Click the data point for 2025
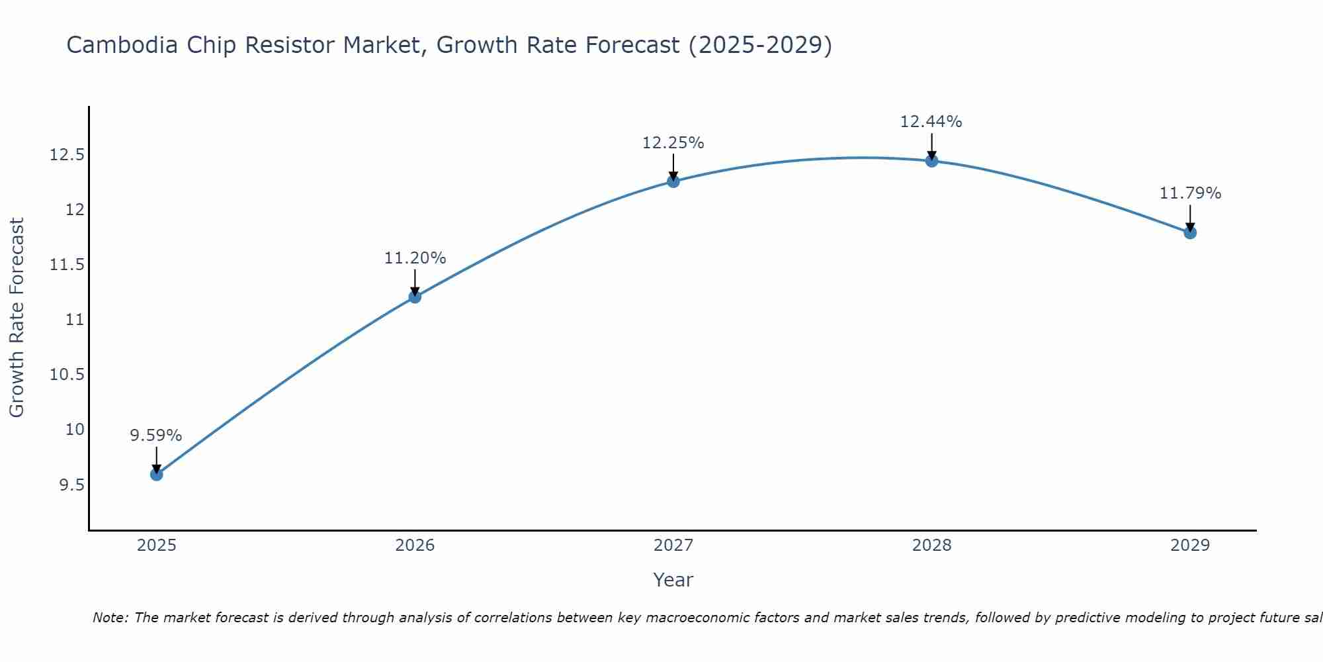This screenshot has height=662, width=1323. pyautogui.click(x=157, y=474)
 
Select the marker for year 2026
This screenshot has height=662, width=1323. pyautogui.click(x=415, y=297)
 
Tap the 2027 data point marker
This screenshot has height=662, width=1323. pyautogui.click(x=673, y=181)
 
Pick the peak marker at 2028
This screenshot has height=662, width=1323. pyautogui.click(x=931, y=160)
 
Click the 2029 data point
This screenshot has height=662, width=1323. pyautogui.click(x=1190, y=232)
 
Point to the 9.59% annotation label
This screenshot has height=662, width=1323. pyautogui.click(x=156, y=436)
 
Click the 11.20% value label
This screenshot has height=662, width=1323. pyautogui.click(x=415, y=258)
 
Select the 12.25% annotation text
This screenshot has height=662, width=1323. pyautogui.click(x=673, y=143)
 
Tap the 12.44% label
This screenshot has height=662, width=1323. pyautogui.click(x=931, y=122)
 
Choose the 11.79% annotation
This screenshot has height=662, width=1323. pyautogui.click(x=1190, y=193)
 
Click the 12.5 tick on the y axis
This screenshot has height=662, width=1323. pyautogui.click(x=67, y=155)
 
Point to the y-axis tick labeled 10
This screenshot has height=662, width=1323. pyautogui.click(x=75, y=430)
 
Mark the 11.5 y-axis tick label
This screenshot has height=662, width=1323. pyautogui.click(x=67, y=265)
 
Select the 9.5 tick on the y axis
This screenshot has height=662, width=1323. pyautogui.click(x=71, y=485)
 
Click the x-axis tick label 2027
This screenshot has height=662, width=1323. pyautogui.click(x=673, y=545)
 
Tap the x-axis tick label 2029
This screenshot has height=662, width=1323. pyautogui.click(x=1190, y=545)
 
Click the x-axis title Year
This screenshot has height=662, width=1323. pyautogui.click(x=673, y=580)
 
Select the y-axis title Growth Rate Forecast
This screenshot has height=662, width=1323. pyautogui.click(x=17, y=318)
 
